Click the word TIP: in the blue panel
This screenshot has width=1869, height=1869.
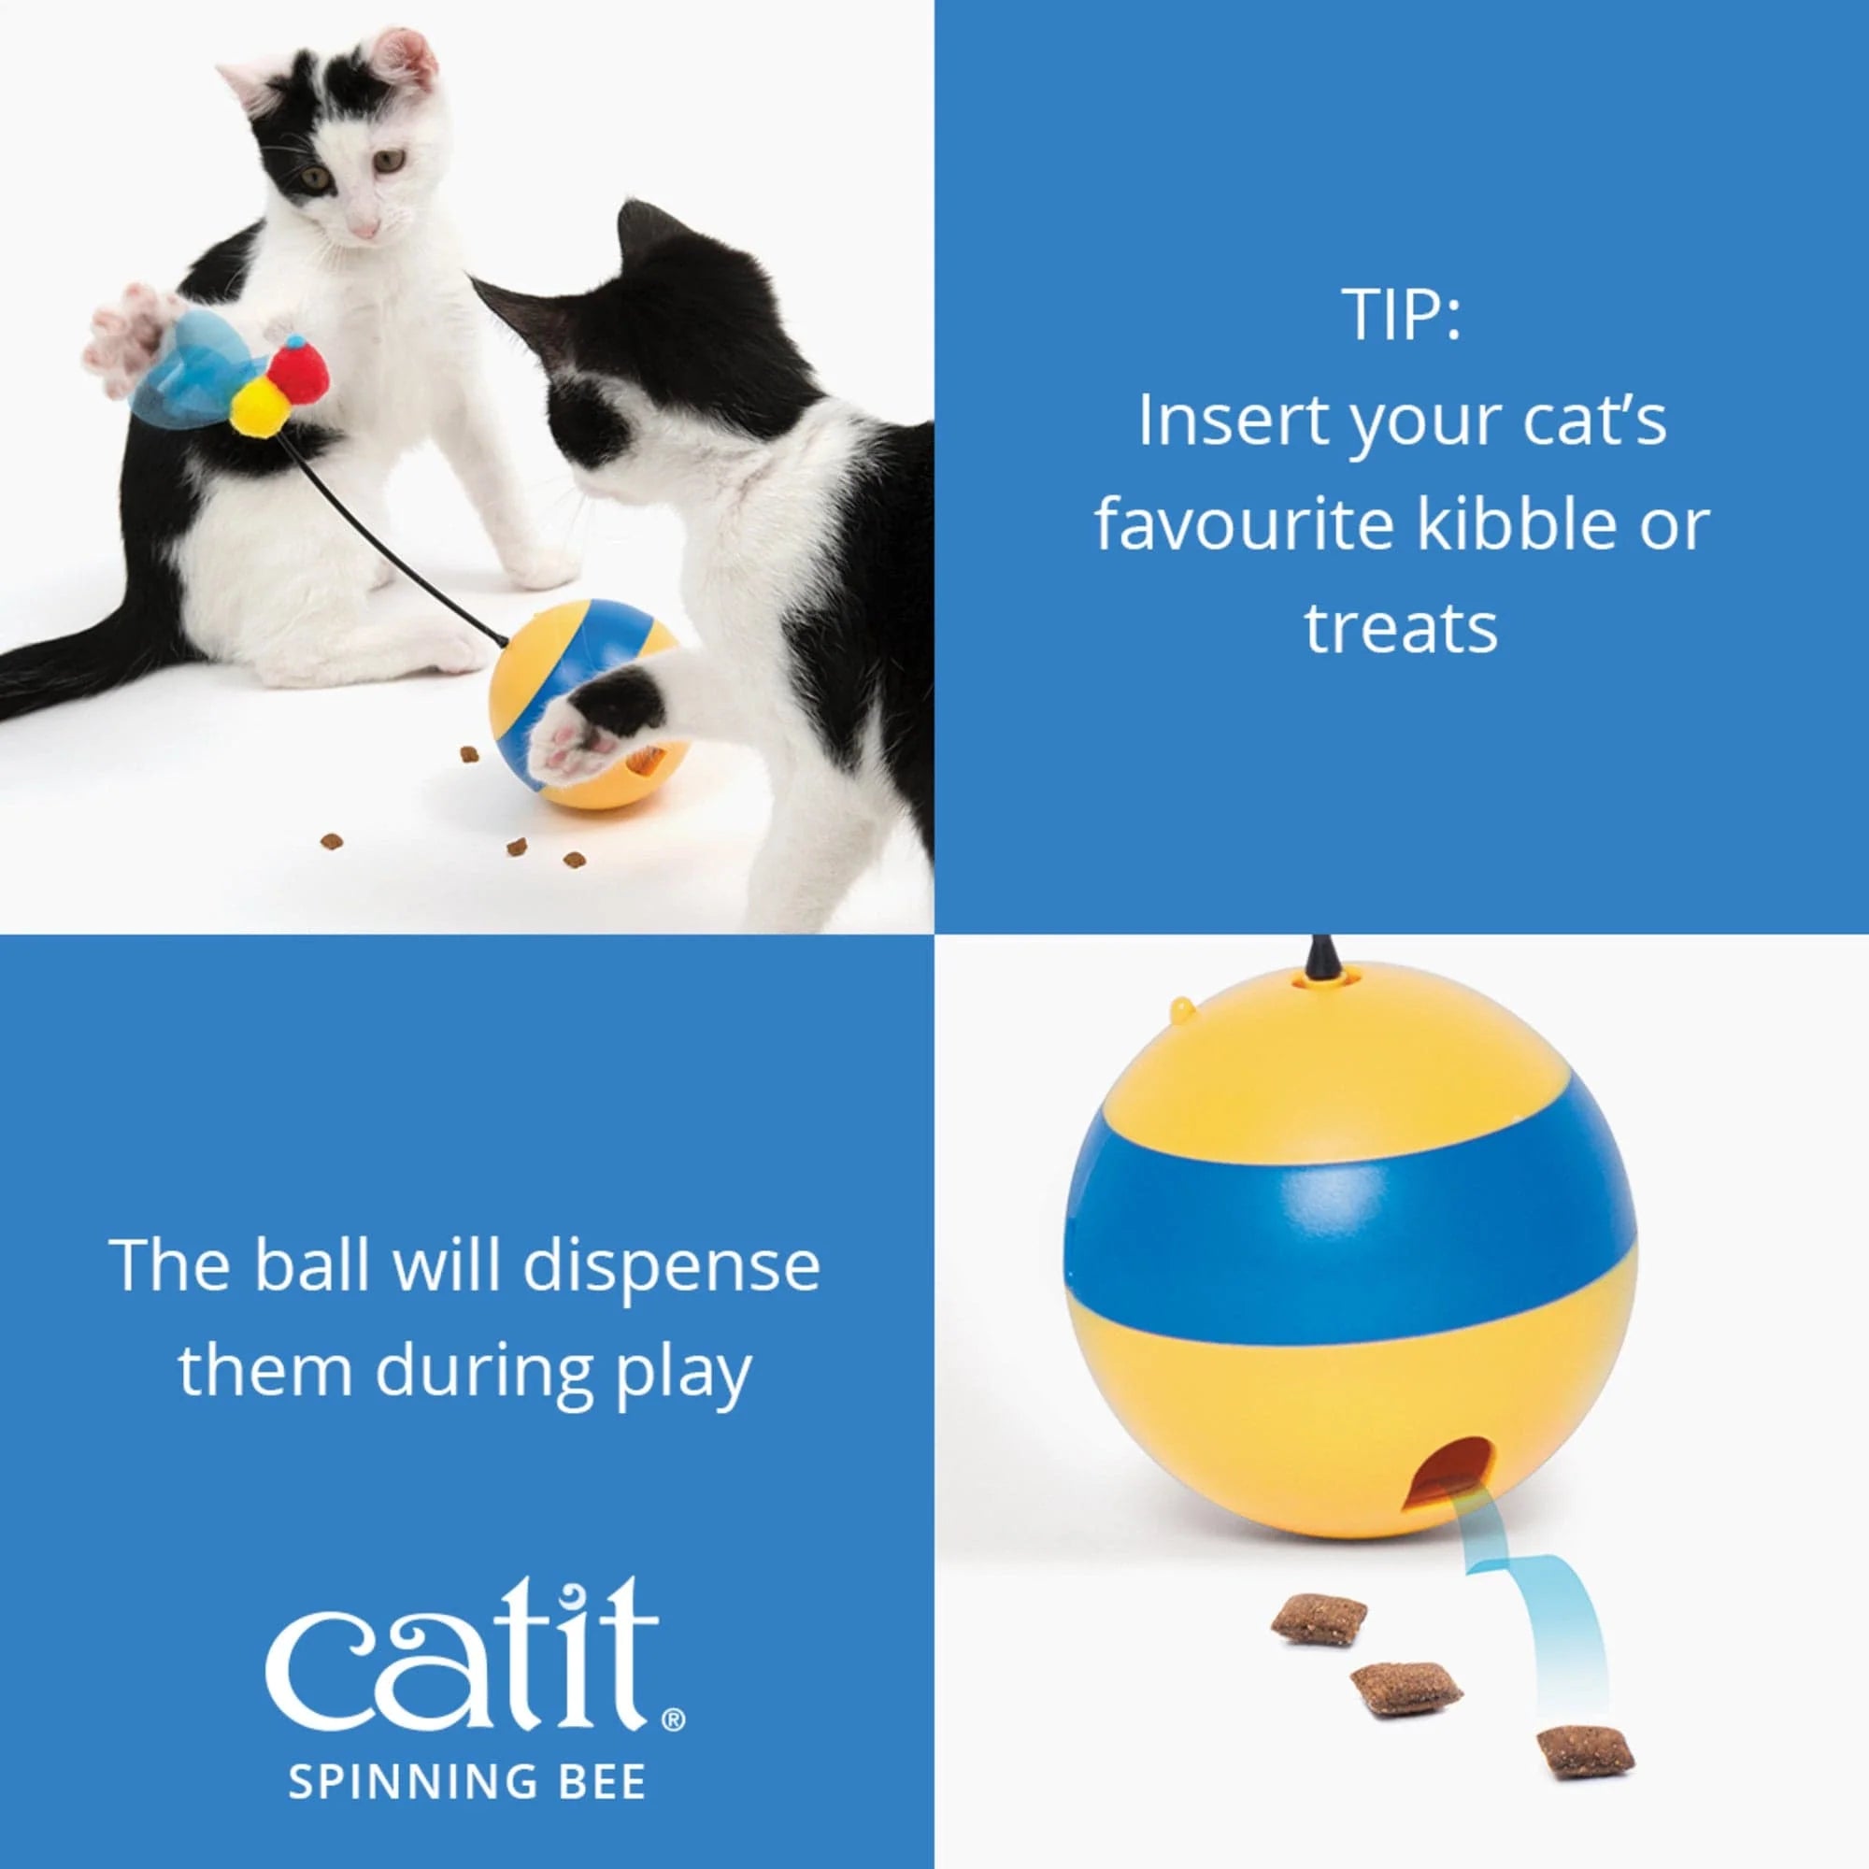(x=1400, y=314)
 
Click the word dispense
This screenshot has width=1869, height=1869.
(x=671, y=1266)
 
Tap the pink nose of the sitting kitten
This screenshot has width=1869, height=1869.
(x=364, y=230)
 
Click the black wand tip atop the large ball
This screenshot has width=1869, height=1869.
(x=1320, y=959)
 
